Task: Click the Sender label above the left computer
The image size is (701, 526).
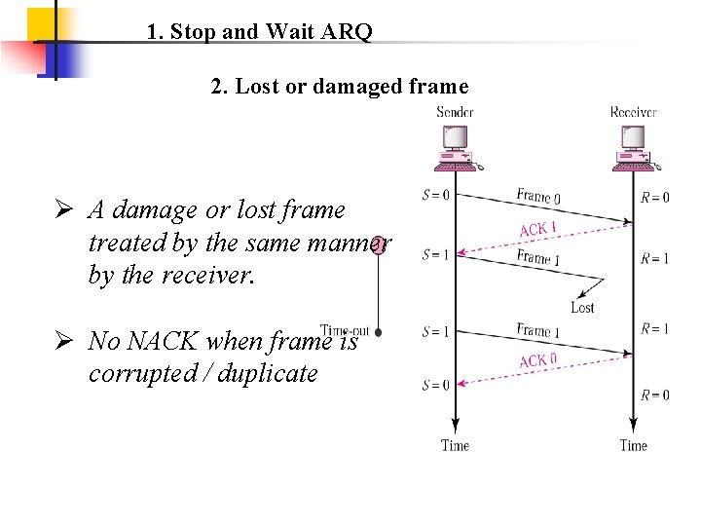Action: pos(455,112)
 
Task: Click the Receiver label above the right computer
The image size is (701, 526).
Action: pos(633,112)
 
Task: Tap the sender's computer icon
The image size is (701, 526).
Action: pos(455,150)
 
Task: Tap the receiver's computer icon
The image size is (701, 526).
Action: pos(635,150)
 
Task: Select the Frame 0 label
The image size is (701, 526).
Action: pos(538,196)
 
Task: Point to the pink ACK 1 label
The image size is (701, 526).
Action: pos(538,229)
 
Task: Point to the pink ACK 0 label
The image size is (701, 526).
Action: pos(538,360)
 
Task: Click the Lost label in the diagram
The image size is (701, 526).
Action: pos(582,308)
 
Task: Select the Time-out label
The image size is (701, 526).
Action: pos(346,331)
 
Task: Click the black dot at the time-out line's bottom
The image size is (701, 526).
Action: pos(378,331)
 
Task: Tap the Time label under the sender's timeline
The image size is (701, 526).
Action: pos(455,445)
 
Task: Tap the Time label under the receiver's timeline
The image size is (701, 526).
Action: pos(633,445)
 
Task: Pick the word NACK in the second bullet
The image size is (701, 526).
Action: pos(158,341)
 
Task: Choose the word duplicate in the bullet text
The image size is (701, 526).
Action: pos(270,373)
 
